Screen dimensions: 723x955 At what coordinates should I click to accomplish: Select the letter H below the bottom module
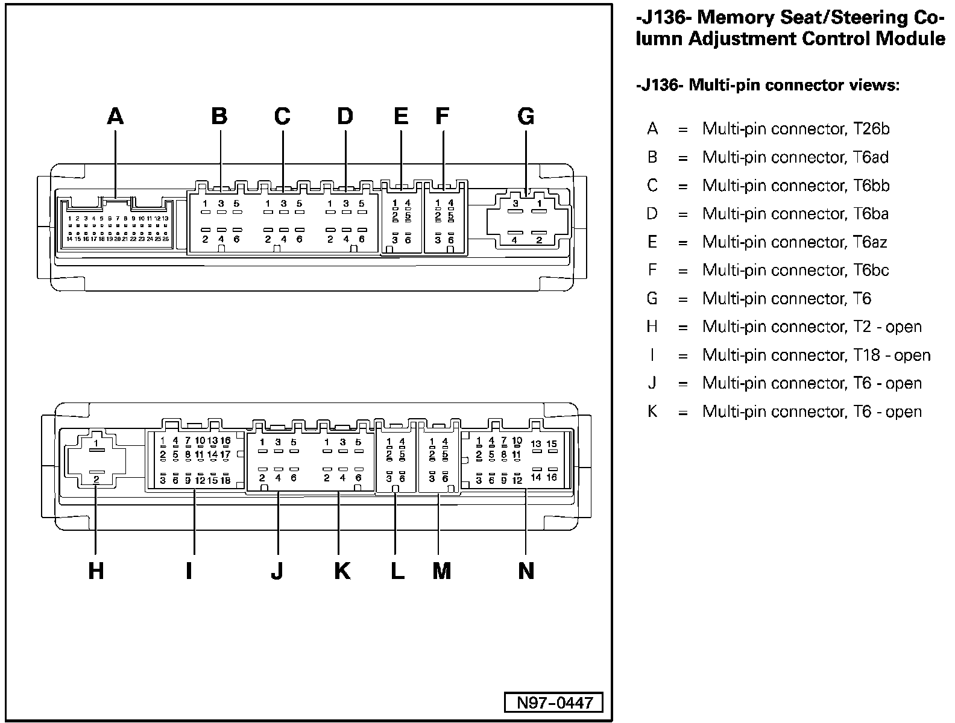pyautogui.click(x=96, y=570)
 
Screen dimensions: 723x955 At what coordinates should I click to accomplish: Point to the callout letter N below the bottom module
pyautogui.click(x=526, y=570)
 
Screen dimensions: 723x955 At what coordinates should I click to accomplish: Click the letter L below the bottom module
pyautogui.click(x=397, y=570)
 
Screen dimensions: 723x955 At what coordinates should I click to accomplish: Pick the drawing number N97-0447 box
pyautogui.click(x=554, y=703)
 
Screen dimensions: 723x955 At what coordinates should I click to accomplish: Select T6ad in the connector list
pyautogui.click(x=871, y=157)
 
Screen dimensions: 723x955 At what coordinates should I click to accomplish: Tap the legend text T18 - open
pyautogui.click(x=892, y=355)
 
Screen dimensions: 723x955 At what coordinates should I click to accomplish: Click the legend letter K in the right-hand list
pyautogui.click(x=652, y=412)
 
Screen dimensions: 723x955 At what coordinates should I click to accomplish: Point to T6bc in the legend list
pyautogui.click(x=871, y=271)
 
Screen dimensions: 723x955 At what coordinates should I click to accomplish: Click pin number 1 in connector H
pyautogui.click(x=96, y=443)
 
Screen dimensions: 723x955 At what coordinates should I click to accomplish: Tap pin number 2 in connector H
pyautogui.click(x=96, y=479)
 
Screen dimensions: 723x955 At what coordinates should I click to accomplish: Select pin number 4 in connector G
pyautogui.click(x=514, y=240)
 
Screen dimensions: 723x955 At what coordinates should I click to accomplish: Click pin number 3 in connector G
pyautogui.click(x=515, y=204)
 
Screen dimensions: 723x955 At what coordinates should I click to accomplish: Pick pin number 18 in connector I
pyautogui.click(x=225, y=480)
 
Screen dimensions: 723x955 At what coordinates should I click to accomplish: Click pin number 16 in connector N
pyautogui.click(x=552, y=477)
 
